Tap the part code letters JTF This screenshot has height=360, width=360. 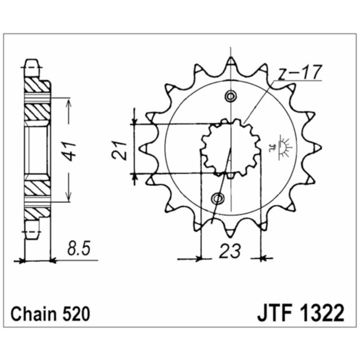[274, 314]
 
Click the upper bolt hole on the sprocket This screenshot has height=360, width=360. [230, 96]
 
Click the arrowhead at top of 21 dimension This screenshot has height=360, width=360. [134, 120]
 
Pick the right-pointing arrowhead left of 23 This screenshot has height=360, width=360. [198, 258]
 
